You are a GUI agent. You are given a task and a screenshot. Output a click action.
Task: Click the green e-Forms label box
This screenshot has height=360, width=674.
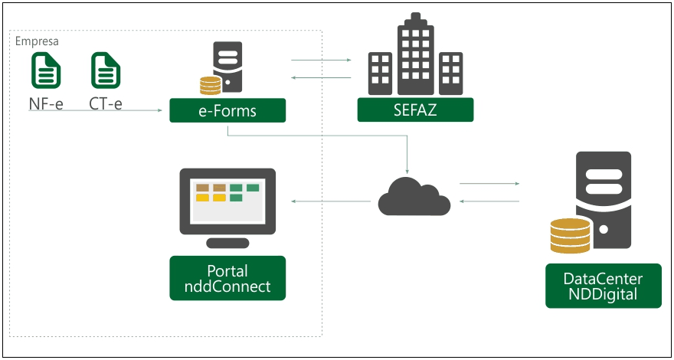click(x=227, y=110)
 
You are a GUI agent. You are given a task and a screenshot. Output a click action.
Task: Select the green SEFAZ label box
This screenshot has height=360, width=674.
click(x=415, y=110)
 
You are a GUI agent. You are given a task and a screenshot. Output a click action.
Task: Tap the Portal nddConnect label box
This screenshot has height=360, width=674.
click(x=227, y=278)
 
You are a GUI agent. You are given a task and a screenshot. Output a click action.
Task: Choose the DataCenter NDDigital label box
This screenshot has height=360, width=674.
click(x=603, y=286)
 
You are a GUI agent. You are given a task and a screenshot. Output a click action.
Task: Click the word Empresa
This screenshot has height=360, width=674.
click(x=37, y=41)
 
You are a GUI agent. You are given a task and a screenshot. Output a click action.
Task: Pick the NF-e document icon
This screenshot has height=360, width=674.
click(x=46, y=71)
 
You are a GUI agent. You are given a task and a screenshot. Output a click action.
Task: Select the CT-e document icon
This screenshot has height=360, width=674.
click(x=106, y=71)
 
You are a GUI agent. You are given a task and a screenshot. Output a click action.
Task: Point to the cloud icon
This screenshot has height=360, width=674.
click(x=414, y=196)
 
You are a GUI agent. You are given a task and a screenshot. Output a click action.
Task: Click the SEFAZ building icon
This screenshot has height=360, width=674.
click(x=415, y=61)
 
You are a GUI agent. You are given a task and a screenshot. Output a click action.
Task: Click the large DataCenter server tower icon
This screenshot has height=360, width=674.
click(x=604, y=201)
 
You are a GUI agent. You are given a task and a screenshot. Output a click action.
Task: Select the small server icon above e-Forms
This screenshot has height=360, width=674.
click(x=227, y=67)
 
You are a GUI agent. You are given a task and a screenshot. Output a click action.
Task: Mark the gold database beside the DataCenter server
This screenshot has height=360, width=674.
click(x=571, y=236)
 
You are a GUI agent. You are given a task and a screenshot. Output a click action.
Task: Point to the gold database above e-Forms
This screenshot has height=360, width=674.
click(x=206, y=85)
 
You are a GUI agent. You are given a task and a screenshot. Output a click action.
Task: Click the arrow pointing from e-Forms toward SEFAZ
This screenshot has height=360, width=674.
click(x=320, y=60)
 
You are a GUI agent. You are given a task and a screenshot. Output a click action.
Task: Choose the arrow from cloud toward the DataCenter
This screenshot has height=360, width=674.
click(x=489, y=184)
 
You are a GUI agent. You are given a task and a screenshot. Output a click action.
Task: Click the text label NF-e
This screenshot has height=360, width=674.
click(x=46, y=103)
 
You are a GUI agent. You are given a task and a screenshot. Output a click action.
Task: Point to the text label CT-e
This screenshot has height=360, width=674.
click(x=106, y=103)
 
